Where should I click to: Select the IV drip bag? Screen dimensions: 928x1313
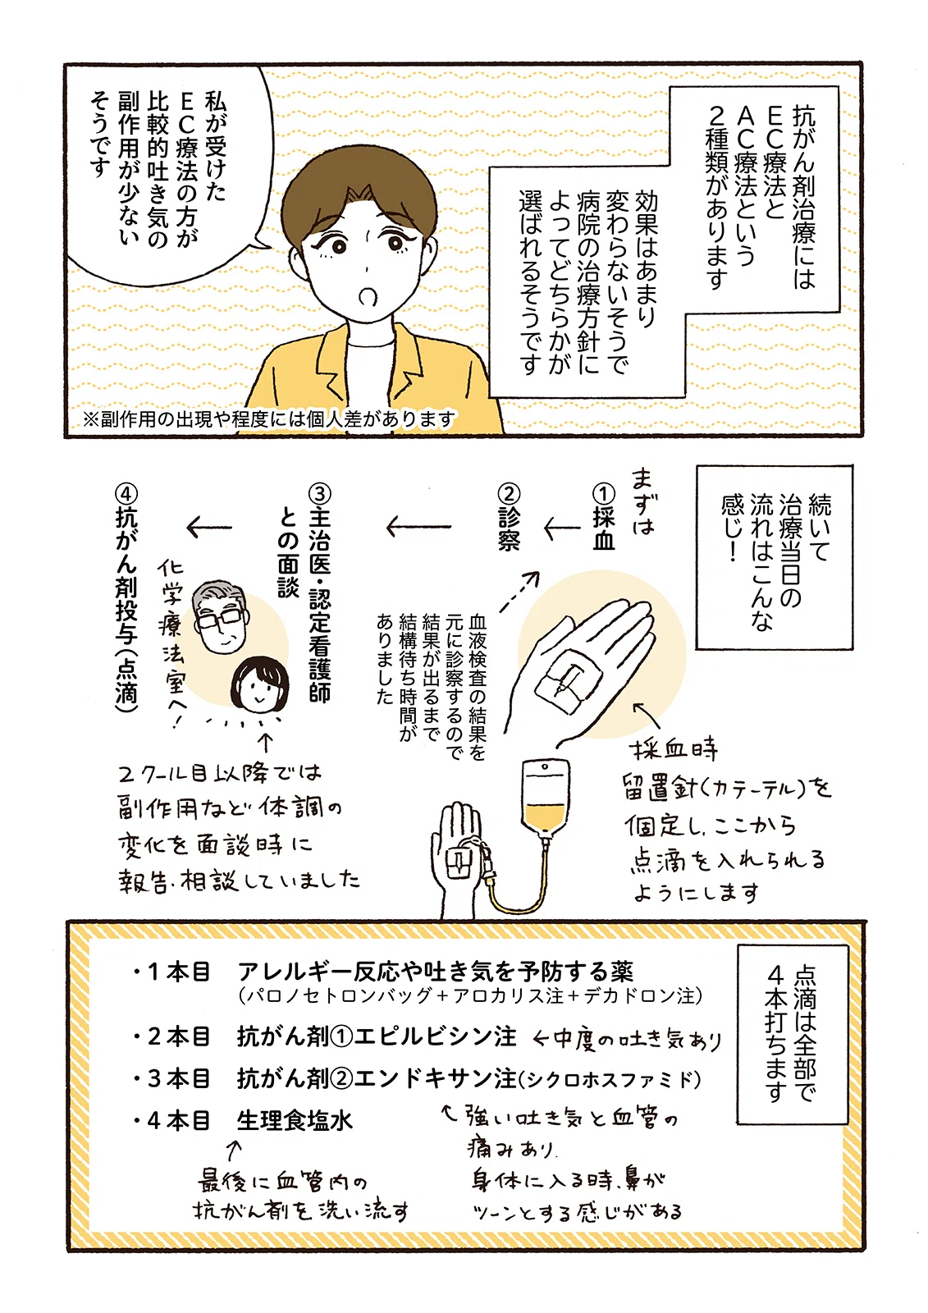click(x=545, y=798)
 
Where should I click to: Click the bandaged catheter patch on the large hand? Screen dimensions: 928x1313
click(x=569, y=679)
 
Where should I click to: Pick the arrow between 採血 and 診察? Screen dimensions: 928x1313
click(x=561, y=529)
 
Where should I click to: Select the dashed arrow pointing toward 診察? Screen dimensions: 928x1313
click(x=519, y=591)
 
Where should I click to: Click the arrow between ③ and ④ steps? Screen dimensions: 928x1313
click(x=209, y=527)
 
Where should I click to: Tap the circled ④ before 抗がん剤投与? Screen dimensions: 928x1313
click(x=126, y=493)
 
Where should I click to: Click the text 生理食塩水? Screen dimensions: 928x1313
click(x=295, y=1121)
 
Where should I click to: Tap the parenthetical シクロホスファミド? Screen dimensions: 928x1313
click(x=610, y=1079)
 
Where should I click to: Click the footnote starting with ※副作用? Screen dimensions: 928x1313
click(x=269, y=419)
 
